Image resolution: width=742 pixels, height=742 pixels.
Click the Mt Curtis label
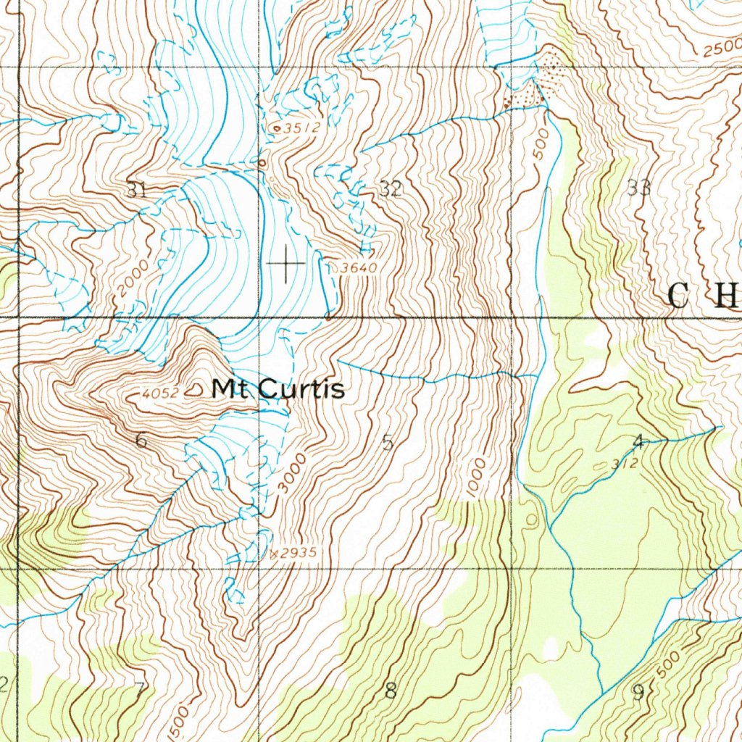click(x=278, y=390)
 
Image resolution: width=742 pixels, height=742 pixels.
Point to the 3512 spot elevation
click(x=301, y=128)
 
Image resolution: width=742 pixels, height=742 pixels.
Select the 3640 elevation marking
click(x=359, y=268)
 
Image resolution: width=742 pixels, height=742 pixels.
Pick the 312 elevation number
click(x=624, y=464)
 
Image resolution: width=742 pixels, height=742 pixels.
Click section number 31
click(x=136, y=191)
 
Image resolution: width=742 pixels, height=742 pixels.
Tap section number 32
click(x=391, y=190)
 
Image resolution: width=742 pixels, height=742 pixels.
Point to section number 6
click(x=141, y=440)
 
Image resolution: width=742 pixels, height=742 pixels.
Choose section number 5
click(x=388, y=441)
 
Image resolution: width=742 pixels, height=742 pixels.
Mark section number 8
click(x=391, y=691)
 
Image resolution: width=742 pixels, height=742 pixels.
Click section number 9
click(x=638, y=692)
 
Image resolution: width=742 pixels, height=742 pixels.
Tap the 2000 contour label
click(x=133, y=278)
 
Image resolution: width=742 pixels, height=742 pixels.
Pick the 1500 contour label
click(x=180, y=721)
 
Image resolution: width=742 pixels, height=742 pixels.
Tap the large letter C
click(x=679, y=296)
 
